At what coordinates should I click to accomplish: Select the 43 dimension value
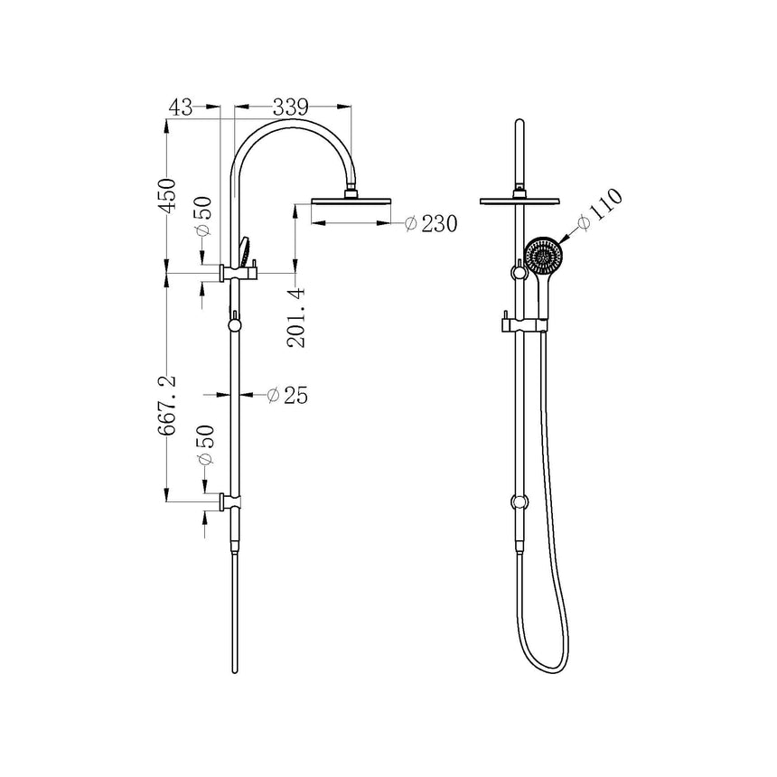coord(181,107)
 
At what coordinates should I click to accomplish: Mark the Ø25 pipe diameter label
coord(287,395)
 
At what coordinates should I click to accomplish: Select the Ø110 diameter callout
coord(599,210)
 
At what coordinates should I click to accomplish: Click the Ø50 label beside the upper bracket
coord(205,218)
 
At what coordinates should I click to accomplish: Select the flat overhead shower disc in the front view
coord(520,199)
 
